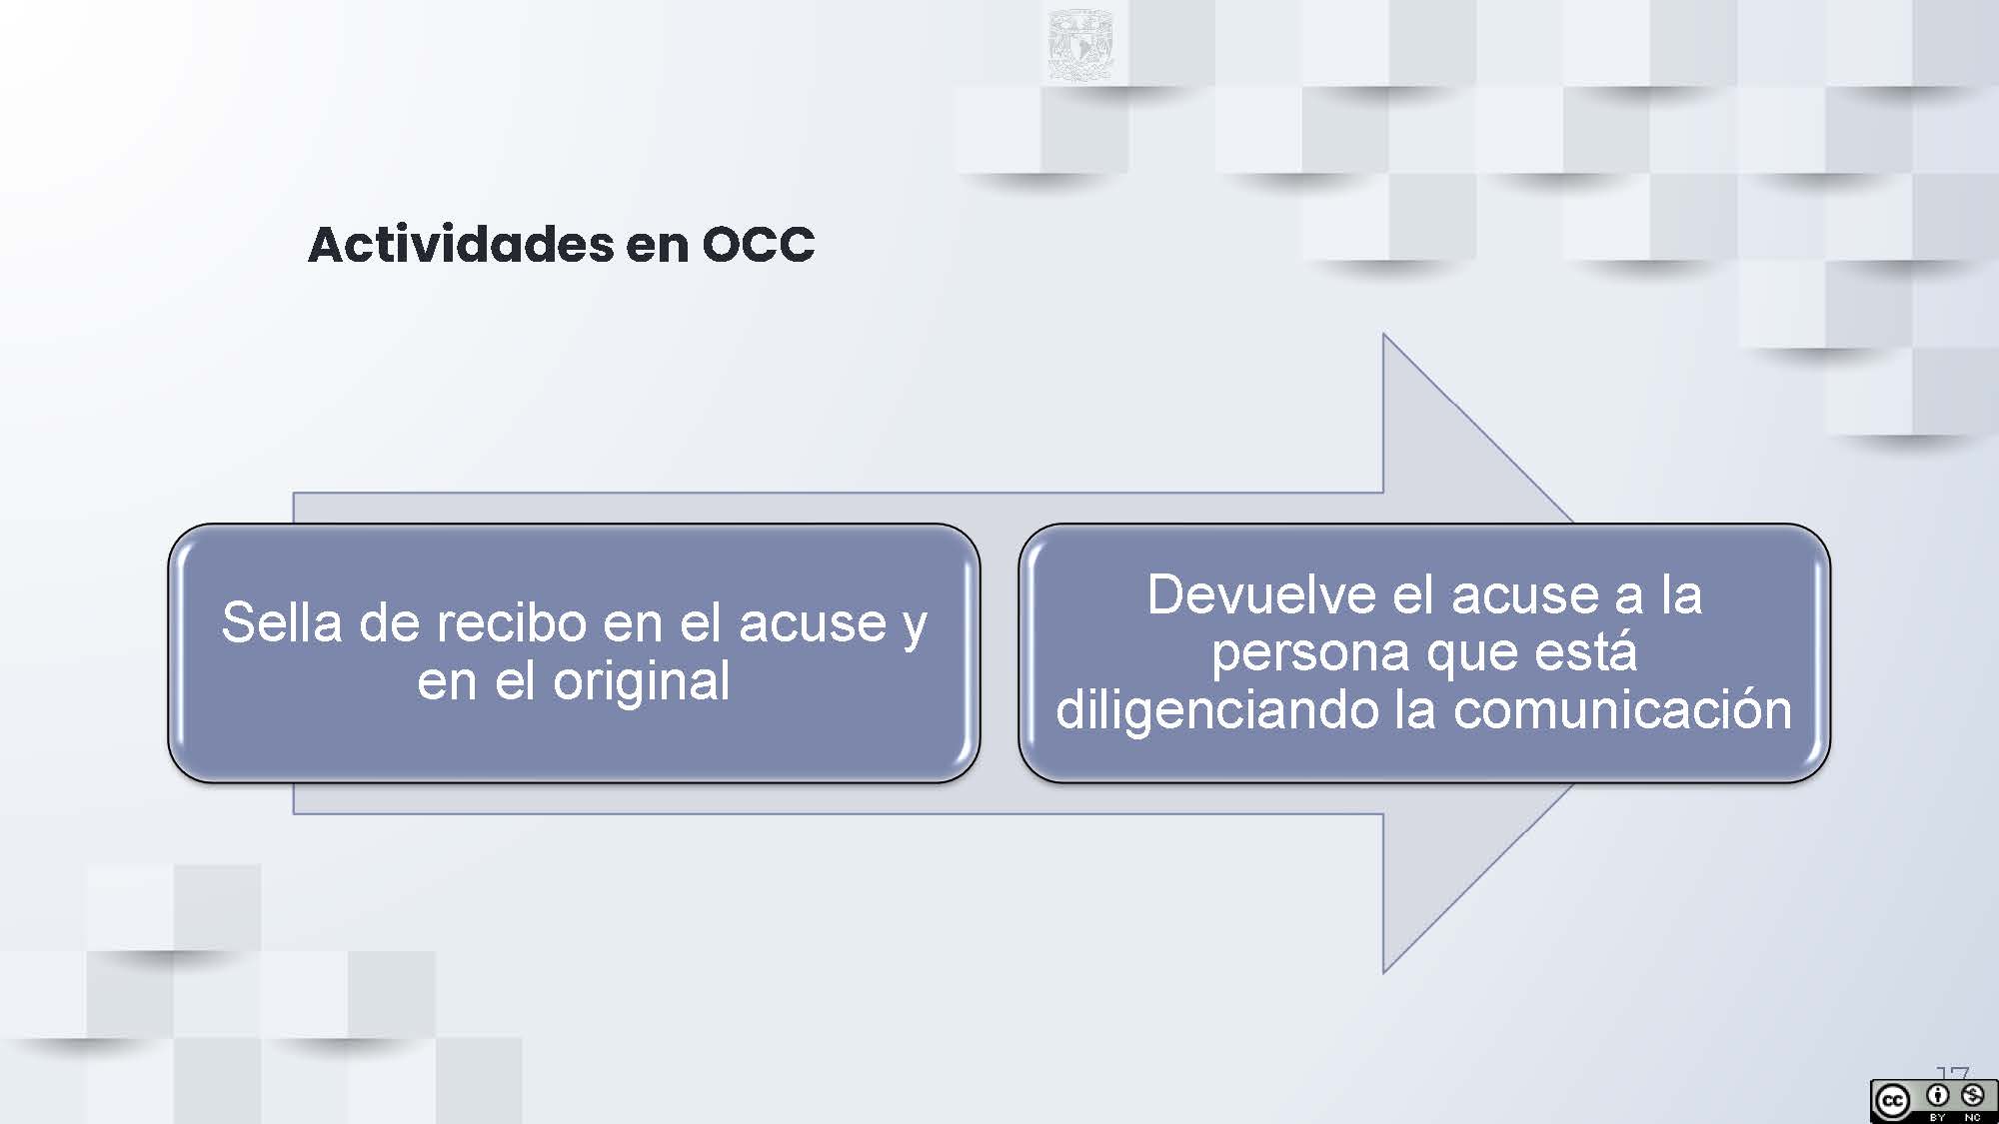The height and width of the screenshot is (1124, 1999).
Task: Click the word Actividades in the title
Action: point(461,244)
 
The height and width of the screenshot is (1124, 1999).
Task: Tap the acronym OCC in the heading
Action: point(759,245)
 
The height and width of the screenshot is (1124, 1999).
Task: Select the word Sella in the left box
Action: point(281,622)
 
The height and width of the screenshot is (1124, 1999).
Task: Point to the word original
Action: point(642,681)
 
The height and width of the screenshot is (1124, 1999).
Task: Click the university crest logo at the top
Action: point(1080,45)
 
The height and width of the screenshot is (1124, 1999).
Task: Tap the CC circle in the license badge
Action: point(1892,1102)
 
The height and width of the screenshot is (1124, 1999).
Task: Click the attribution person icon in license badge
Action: point(1938,1096)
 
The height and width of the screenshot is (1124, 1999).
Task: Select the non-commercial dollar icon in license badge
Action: point(1972,1096)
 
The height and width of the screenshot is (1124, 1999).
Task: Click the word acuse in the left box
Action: point(813,623)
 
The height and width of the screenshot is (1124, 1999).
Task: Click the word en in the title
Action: point(658,247)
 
